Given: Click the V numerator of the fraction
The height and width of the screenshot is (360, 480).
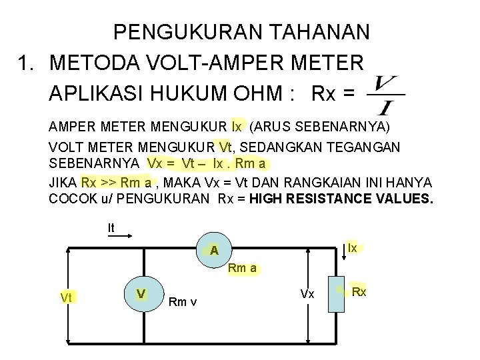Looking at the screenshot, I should coord(387,84).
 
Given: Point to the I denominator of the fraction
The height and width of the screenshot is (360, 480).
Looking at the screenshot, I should coord(385,106).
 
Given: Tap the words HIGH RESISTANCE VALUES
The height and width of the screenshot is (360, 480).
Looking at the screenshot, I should coord(340,199).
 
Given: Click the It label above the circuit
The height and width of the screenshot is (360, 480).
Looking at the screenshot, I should coord(111,227).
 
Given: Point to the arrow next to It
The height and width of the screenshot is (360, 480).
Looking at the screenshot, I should coord(129,234).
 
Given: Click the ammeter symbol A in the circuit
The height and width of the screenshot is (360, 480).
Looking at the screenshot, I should coord(213,251).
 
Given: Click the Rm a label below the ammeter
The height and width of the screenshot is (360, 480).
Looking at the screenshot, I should coord(242,269).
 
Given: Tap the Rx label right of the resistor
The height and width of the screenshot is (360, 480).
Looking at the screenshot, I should coord(359,292).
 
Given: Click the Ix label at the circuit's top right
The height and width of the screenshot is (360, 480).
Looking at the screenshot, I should coord(353,248).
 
